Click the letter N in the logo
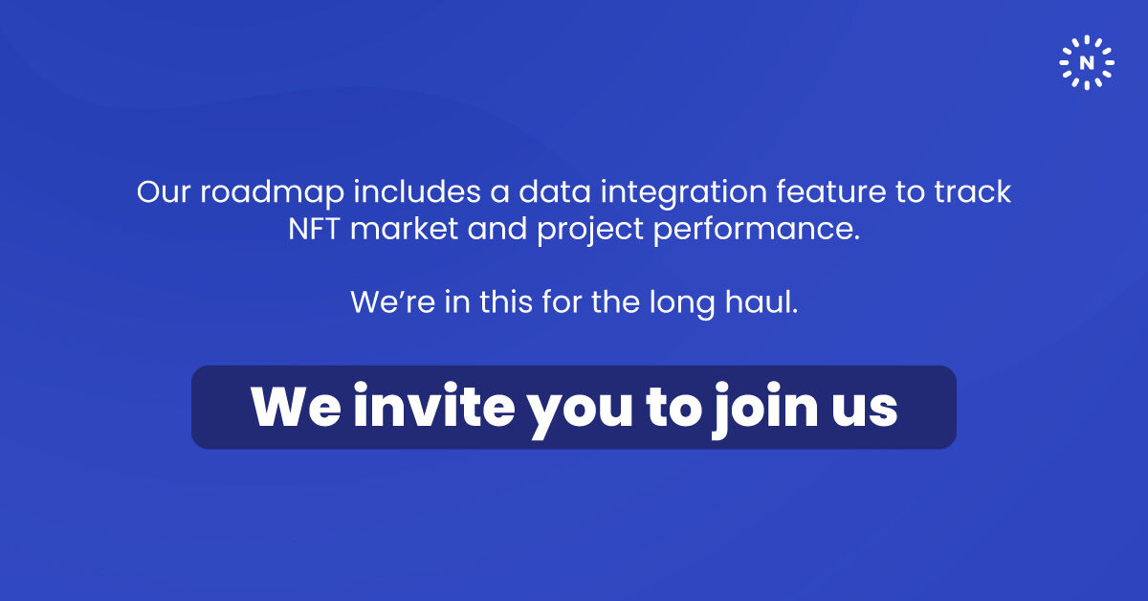[x=1087, y=63]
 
